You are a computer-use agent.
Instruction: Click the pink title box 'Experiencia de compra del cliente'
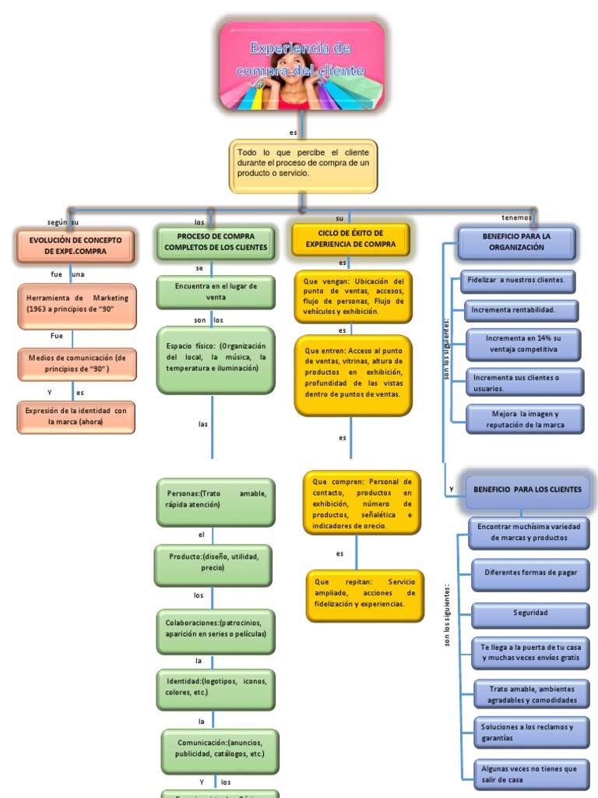pos(302,65)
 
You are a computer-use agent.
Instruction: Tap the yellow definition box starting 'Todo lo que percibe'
pos(303,165)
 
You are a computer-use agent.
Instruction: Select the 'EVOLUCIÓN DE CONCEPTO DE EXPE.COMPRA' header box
pos(76,245)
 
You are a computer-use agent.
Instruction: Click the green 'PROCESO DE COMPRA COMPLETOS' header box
pos(216,242)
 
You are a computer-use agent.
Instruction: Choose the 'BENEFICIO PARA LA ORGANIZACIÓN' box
pos(517,242)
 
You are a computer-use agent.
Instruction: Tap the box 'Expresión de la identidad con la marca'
pos(76,416)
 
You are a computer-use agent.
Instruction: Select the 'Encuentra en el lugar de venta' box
pos(216,291)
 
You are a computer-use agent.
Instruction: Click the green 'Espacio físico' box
pos(216,358)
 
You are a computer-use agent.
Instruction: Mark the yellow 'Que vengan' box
pos(354,296)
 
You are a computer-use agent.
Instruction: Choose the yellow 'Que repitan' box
pos(364,594)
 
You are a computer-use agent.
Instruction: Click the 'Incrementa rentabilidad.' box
pos(521,310)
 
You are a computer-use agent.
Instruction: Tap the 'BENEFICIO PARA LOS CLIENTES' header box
pos(526,489)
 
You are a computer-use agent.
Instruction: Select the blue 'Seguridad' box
pos(530,613)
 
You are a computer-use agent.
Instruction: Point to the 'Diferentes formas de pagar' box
pos(530,573)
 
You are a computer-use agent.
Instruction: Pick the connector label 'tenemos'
pos(517,217)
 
